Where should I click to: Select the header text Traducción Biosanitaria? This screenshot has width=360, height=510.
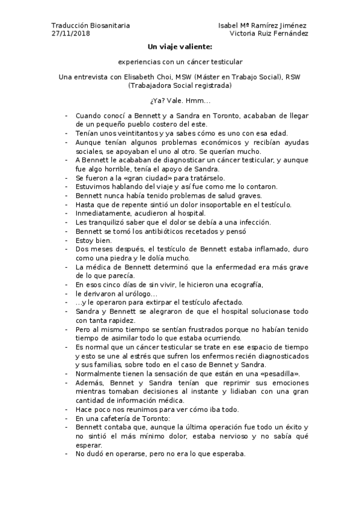point(90,26)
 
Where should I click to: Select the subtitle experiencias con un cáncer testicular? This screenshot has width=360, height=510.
point(180,61)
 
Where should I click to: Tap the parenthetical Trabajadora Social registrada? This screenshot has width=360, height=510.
point(180,85)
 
